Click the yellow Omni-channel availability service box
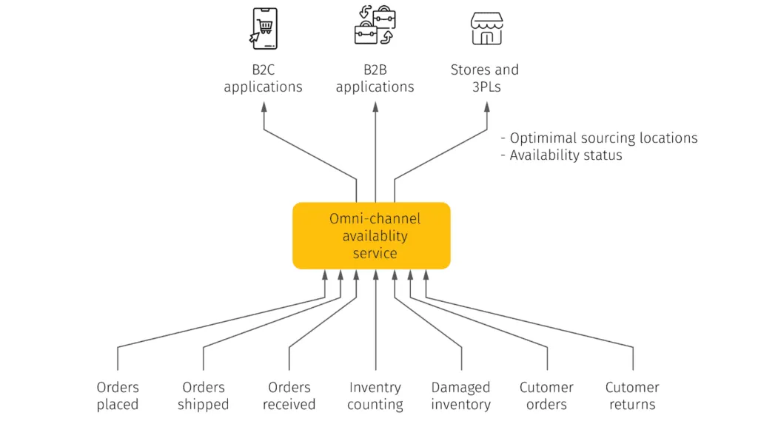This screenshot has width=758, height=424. [372, 236]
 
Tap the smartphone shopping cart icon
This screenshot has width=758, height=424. [264, 28]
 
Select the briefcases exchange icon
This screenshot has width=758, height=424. [375, 27]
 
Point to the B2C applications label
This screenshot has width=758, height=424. [263, 78]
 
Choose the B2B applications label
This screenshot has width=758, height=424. [375, 78]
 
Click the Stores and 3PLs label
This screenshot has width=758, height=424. [485, 78]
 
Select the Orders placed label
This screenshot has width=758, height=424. [118, 396]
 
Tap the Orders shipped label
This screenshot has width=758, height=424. [204, 396]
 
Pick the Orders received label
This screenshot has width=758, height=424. [289, 396]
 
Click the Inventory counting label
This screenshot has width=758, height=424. [375, 396]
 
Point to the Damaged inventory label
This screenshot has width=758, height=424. [461, 396]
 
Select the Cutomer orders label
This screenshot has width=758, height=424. [546, 396]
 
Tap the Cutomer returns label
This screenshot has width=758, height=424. [632, 396]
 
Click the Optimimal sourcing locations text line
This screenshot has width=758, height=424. [599, 138]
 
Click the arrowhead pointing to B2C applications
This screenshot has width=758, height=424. [264, 106]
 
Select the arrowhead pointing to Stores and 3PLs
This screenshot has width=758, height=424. [486, 106]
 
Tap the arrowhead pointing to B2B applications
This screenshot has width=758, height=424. [375, 106]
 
